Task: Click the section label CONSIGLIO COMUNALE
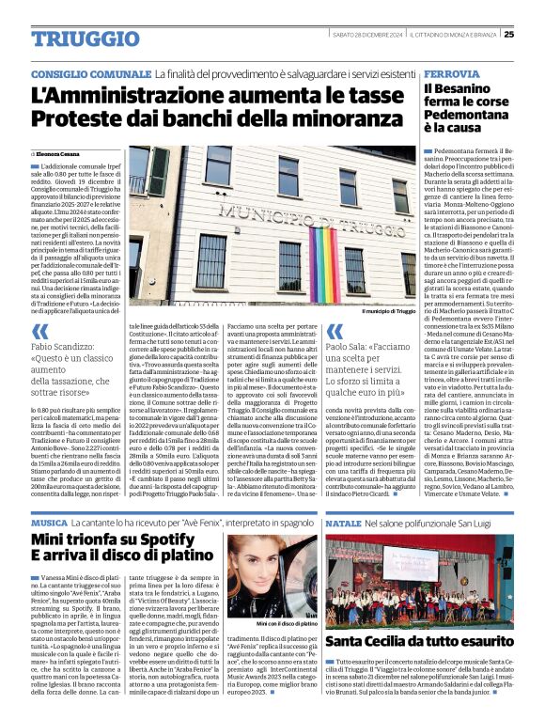[x=91, y=74]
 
